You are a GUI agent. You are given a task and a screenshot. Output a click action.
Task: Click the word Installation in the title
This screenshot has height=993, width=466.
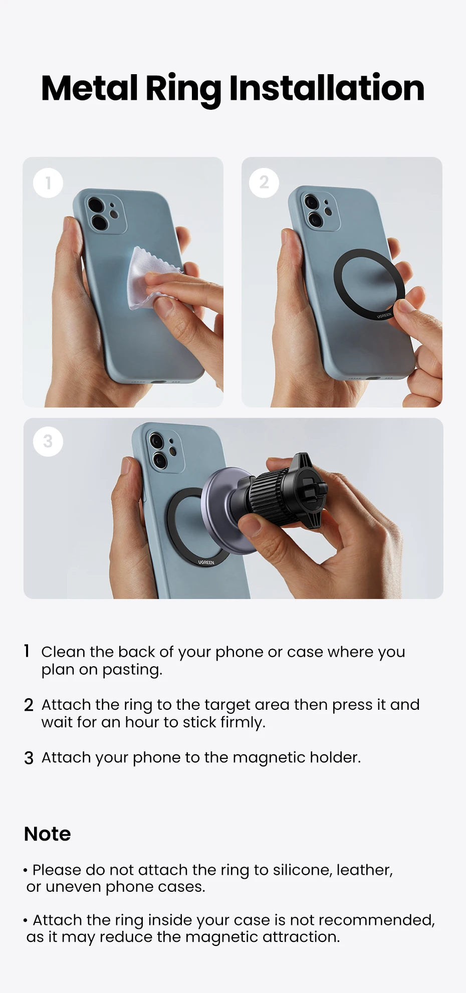(327, 88)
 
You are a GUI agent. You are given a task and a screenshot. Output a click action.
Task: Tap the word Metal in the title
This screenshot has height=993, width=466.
(89, 88)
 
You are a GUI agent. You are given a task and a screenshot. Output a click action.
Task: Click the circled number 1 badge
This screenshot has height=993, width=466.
(48, 183)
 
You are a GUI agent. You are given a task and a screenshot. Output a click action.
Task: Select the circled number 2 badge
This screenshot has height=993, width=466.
(264, 182)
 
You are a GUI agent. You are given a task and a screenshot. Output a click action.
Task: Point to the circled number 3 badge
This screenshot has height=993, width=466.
(48, 442)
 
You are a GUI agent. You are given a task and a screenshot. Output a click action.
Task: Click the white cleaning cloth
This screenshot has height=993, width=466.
(146, 278)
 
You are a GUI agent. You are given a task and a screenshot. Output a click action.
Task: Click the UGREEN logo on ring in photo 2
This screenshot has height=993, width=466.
(384, 316)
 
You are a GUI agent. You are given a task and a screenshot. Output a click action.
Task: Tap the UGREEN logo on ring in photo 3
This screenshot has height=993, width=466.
(206, 562)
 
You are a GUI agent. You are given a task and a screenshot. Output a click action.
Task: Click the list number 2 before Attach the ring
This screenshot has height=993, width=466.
(29, 705)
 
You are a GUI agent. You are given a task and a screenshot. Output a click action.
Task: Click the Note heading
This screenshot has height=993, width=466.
(48, 834)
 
